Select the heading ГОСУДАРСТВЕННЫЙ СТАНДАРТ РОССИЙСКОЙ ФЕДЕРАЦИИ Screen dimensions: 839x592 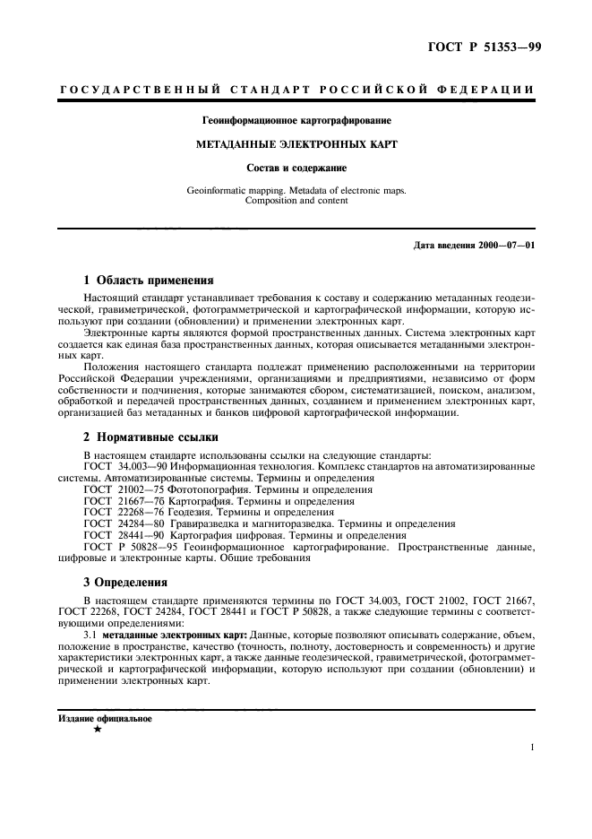296,90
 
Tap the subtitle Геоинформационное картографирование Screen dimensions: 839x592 296,119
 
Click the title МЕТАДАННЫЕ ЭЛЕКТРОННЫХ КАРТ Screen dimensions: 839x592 296,143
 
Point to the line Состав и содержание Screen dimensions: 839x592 296,167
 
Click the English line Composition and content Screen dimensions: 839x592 296,201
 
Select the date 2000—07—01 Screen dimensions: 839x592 505,245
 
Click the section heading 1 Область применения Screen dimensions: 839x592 148,280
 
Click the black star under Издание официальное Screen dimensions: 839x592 97,730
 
